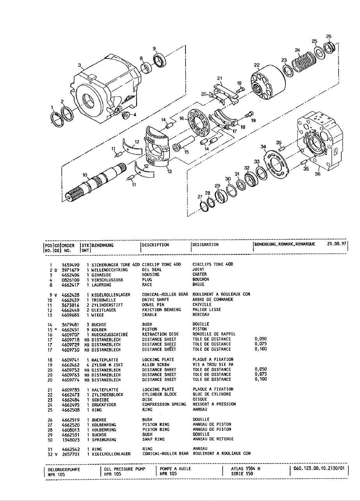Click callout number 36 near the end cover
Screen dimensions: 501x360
[317, 175]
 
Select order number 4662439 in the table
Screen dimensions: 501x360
[71, 300]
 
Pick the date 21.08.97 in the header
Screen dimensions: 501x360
[336, 245]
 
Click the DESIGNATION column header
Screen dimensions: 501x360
[205, 245]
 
